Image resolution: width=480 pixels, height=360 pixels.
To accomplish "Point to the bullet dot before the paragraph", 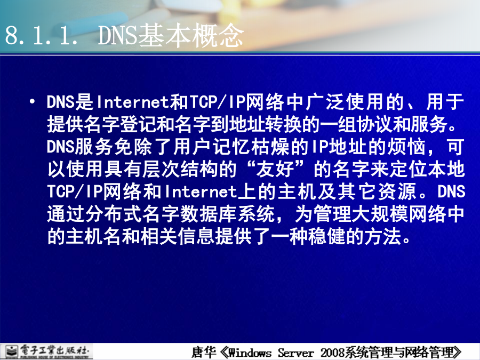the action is coord(32,101).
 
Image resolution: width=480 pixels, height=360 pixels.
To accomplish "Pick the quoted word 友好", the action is coord(276,169).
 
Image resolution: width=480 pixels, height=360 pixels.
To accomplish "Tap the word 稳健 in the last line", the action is coord(326,236).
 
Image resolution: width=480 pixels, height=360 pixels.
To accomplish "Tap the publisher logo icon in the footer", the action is coord(12,351).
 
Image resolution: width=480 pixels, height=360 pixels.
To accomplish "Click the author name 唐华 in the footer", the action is coord(204,352).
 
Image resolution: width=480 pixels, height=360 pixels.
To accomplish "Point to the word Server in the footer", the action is coord(295,353).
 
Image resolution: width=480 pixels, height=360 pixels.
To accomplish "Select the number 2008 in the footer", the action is coord(332,353).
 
